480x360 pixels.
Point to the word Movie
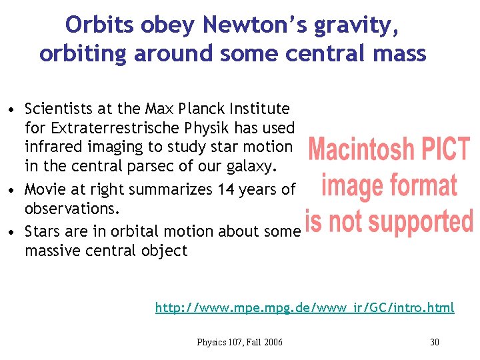tap(45, 189)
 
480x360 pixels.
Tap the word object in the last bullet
tap(165, 251)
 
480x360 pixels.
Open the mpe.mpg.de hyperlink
tap(305, 307)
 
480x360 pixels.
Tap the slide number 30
tap(435, 342)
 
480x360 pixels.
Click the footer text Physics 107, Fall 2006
tap(239, 342)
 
